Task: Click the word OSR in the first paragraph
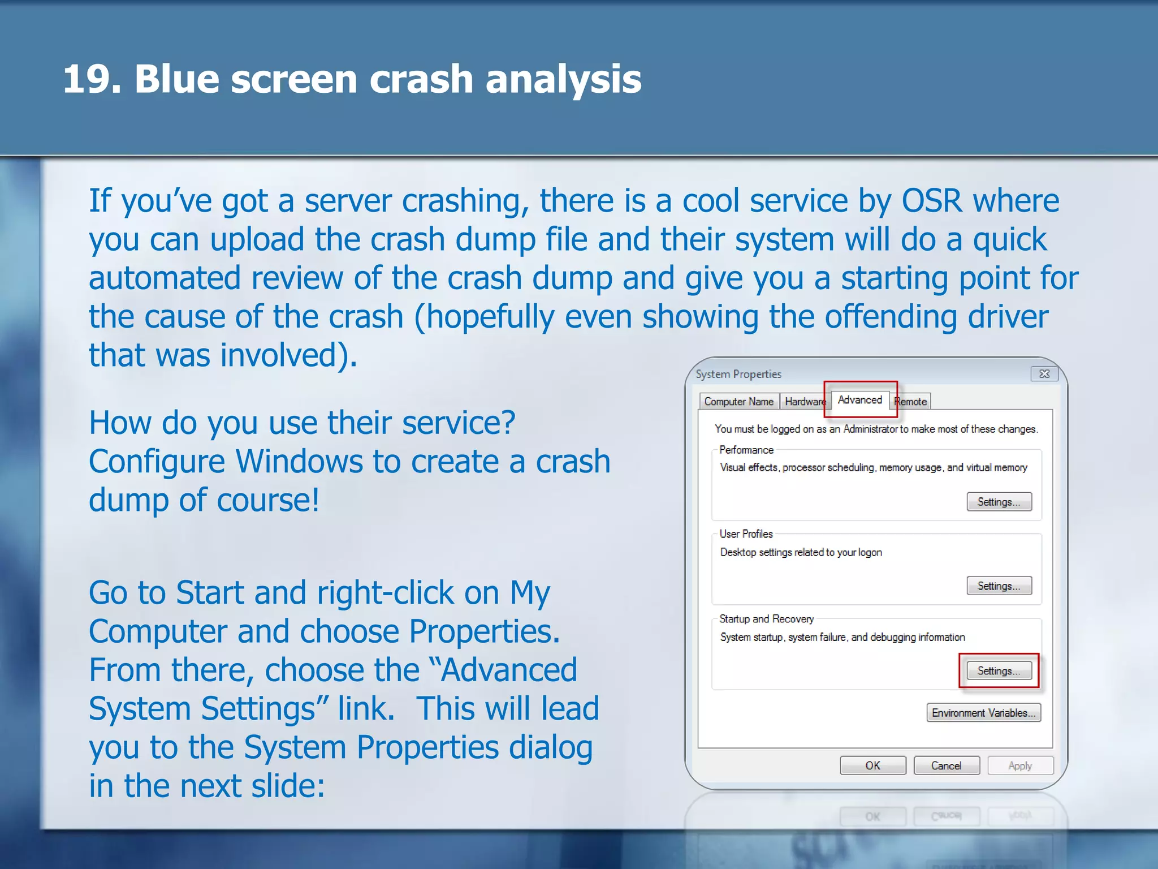coord(931,201)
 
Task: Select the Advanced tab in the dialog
coord(859,400)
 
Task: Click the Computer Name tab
coord(738,402)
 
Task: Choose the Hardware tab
coord(805,402)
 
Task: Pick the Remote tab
coord(911,402)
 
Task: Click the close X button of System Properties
coord(1044,374)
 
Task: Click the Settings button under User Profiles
coord(999,586)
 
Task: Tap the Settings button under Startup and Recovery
coord(999,671)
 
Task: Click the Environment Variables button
coord(983,713)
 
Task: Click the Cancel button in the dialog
coord(946,765)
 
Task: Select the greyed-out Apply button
coord(1020,765)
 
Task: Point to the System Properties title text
coord(738,374)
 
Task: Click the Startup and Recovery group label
coord(766,619)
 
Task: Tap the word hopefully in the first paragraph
coord(490,317)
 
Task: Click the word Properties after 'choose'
coord(483,631)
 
